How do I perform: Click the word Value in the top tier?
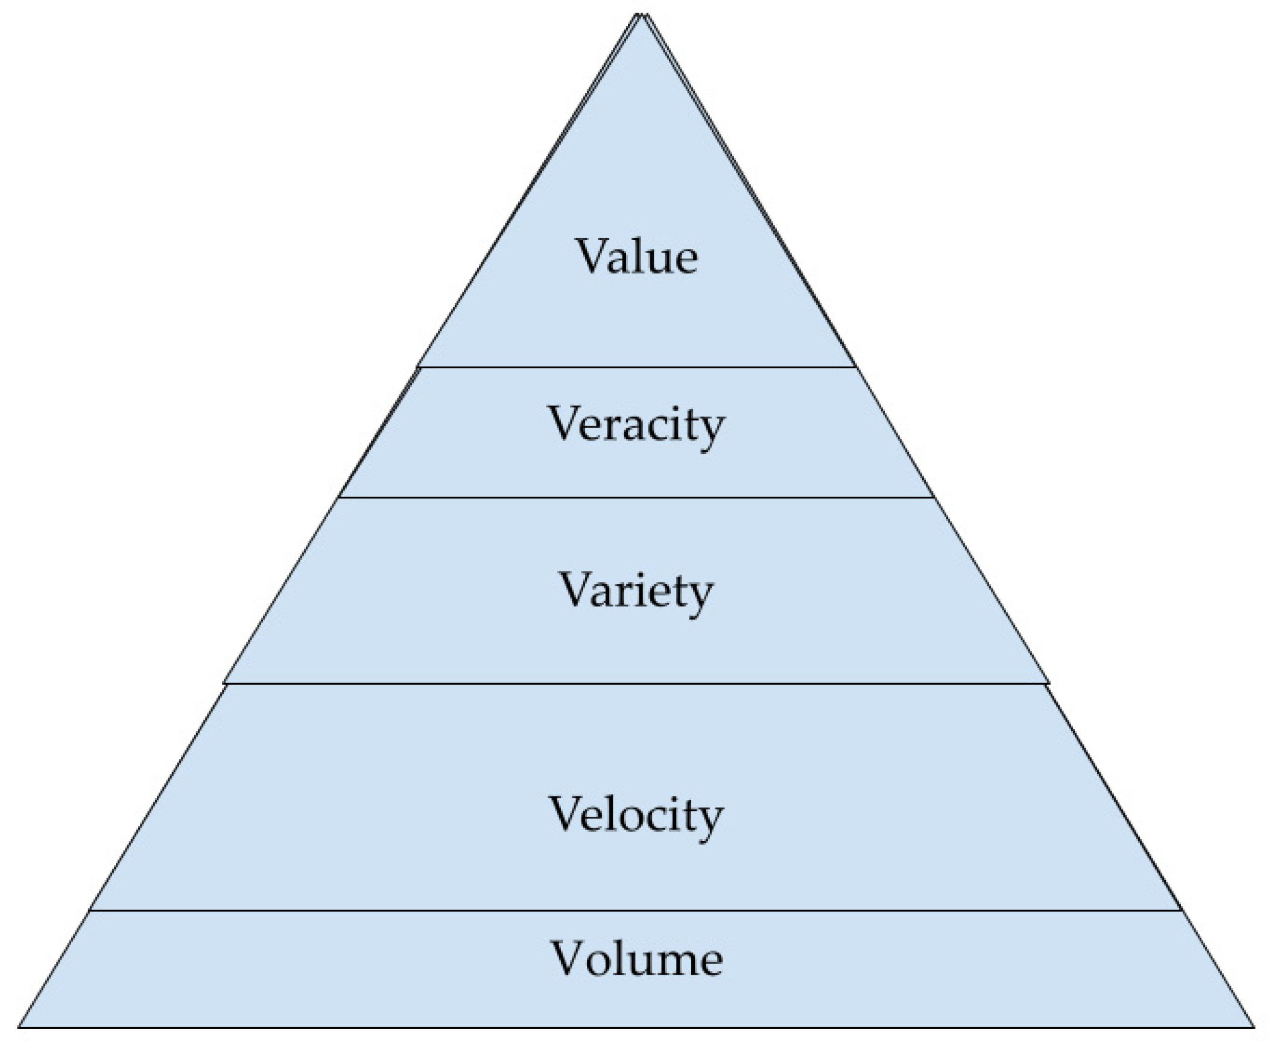(x=637, y=256)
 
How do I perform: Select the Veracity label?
(x=636, y=424)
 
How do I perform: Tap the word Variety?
(x=636, y=590)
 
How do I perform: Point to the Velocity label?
(x=636, y=815)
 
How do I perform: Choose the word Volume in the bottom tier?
(x=637, y=959)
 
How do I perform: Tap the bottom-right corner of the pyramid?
(x=1253, y=1027)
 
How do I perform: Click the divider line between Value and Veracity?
(x=636, y=366)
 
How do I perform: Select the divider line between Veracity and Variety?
(x=636, y=497)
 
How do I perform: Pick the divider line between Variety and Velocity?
(x=636, y=684)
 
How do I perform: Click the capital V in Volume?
(x=570, y=958)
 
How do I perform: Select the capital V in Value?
(x=594, y=256)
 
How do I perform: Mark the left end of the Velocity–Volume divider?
(x=92, y=910)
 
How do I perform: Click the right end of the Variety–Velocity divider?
(x=1048, y=684)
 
